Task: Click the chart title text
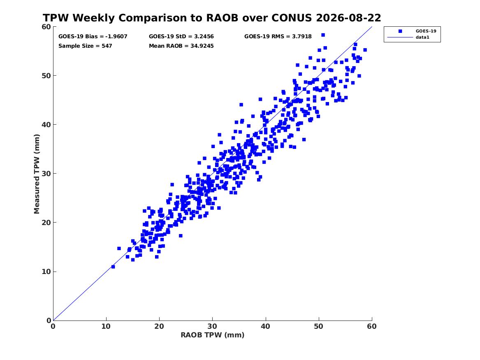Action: [x=212, y=18]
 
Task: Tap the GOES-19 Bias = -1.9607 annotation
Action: [x=93, y=37]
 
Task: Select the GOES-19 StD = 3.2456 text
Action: [x=181, y=37]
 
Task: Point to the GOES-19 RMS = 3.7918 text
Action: [x=278, y=37]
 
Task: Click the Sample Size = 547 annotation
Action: [x=85, y=46]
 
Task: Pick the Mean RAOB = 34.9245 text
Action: [x=181, y=46]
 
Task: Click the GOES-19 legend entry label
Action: [x=426, y=31]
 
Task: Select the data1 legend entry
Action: [x=422, y=37]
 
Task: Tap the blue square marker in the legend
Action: [x=400, y=31]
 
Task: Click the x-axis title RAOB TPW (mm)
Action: [x=213, y=335]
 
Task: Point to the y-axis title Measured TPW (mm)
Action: [x=37, y=174]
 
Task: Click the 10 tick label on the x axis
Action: [x=106, y=326]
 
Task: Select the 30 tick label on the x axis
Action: [x=212, y=326]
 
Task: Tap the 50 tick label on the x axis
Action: [x=318, y=326]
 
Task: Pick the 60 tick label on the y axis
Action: [x=46, y=27]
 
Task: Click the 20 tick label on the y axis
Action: [x=46, y=223]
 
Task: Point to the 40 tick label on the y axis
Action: [x=46, y=125]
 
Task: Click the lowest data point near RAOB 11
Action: [x=113, y=267]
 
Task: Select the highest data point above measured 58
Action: [x=323, y=35]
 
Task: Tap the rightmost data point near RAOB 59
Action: [x=365, y=50]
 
